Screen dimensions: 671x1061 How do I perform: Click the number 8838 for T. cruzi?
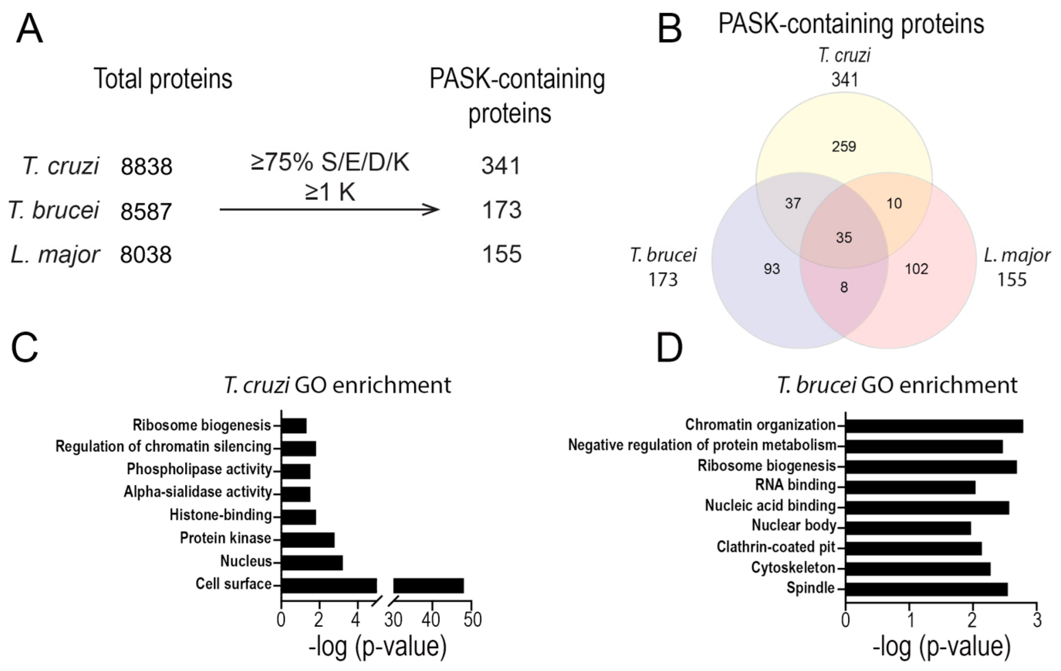[146, 167]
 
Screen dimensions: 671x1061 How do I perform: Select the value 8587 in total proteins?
[146, 212]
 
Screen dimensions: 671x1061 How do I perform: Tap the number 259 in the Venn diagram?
[844, 146]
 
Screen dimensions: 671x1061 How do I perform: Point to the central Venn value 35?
[844, 238]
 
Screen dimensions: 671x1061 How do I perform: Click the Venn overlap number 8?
[844, 287]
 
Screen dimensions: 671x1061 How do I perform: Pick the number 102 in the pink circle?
[916, 269]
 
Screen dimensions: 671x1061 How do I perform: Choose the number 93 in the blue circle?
[772, 269]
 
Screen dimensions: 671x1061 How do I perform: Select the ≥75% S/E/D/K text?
[330, 163]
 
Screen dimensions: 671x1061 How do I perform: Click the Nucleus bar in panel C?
[312, 563]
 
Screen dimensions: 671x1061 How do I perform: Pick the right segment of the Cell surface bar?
[428, 586]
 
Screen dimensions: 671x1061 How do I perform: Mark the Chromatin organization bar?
[934, 426]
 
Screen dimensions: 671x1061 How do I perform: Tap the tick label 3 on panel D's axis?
[1037, 620]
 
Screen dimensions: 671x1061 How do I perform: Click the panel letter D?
[669, 348]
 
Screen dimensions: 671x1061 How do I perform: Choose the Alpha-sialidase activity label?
[198, 492]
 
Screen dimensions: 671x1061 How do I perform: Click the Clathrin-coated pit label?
[776, 547]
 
